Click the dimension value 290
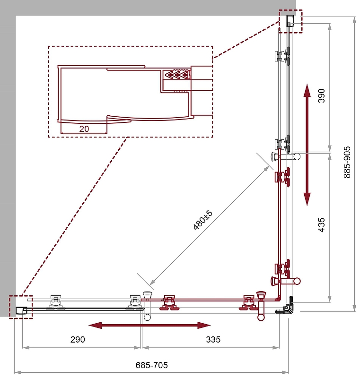(x=78, y=339)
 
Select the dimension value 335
(x=213, y=339)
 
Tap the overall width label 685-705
(x=151, y=365)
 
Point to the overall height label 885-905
(x=347, y=162)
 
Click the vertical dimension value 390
(x=321, y=96)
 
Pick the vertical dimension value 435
(x=321, y=225)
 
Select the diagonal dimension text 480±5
(x=203, y=220)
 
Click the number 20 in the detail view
(x=84, y=129)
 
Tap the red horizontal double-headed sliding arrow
(x=149, y=326)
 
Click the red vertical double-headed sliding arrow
(x=307, y=145)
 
